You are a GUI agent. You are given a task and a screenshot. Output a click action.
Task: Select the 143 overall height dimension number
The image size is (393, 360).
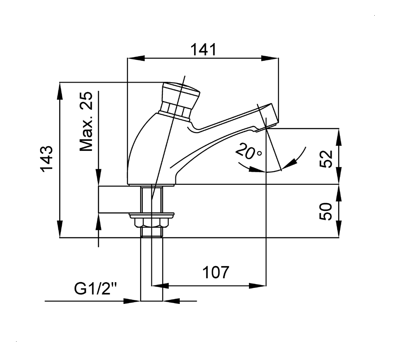click(x=47, y=159)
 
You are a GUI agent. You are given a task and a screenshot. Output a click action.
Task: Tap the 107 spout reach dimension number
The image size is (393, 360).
click(x=215, y=272)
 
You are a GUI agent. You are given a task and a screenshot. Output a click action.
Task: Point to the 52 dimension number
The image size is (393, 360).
click(x=326, y=159)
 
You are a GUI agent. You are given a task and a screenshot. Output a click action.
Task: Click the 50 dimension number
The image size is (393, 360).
click(x=326, y=211)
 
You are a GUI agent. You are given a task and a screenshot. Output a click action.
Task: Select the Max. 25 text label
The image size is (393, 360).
click(x=87, y=121)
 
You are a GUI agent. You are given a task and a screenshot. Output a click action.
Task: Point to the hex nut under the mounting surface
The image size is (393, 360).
click(x=151, y=223)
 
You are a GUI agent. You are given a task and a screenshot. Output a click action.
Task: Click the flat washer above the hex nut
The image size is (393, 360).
click(x=151, y=214)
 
